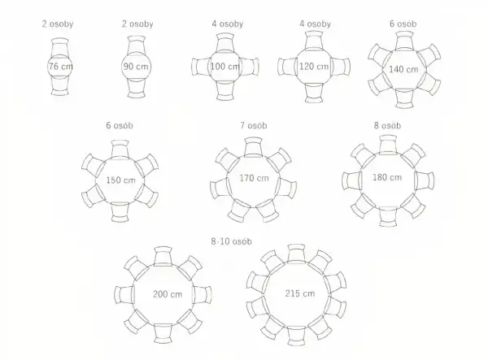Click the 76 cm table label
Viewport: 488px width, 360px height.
click(x=61, y=67)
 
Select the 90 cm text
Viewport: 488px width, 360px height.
click(x=136, y=67)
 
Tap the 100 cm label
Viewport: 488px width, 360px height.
click(x=225, y=67)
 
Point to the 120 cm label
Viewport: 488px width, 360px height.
click(x=314, y=67)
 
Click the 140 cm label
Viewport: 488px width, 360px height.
click(x=403, y=69)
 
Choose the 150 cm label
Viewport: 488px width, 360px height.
click(x=120, y=180)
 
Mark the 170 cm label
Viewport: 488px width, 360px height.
click(x=254, y=178)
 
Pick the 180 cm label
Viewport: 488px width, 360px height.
click(x=387, y=177)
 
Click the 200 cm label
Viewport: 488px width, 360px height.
click(x=168, y=294)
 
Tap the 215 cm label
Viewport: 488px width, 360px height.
click(x=300, y=293)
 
